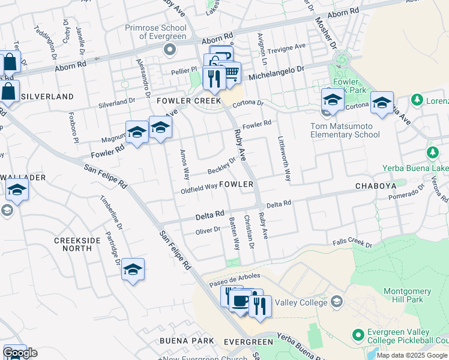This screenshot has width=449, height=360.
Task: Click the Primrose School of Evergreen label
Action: pyautogui.click(x=155, y=32)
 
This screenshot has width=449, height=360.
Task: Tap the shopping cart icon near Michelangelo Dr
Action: pyautogui.click(x=230, y=73)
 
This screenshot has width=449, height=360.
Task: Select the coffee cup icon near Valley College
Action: pyautogui.click(x=241, y=301)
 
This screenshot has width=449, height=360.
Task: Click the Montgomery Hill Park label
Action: pyautogui.click(x=407, y=295)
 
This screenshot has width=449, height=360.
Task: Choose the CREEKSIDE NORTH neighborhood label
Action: pyautogui.click(x=77, y=244)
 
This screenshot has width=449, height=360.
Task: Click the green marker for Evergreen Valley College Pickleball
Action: pyautogui.click(x=359, y=334)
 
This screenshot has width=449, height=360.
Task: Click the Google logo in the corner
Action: pyautogui.click(x=20, y=353)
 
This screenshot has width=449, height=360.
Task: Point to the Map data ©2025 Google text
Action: pyautogui.click(x=412, y=355)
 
